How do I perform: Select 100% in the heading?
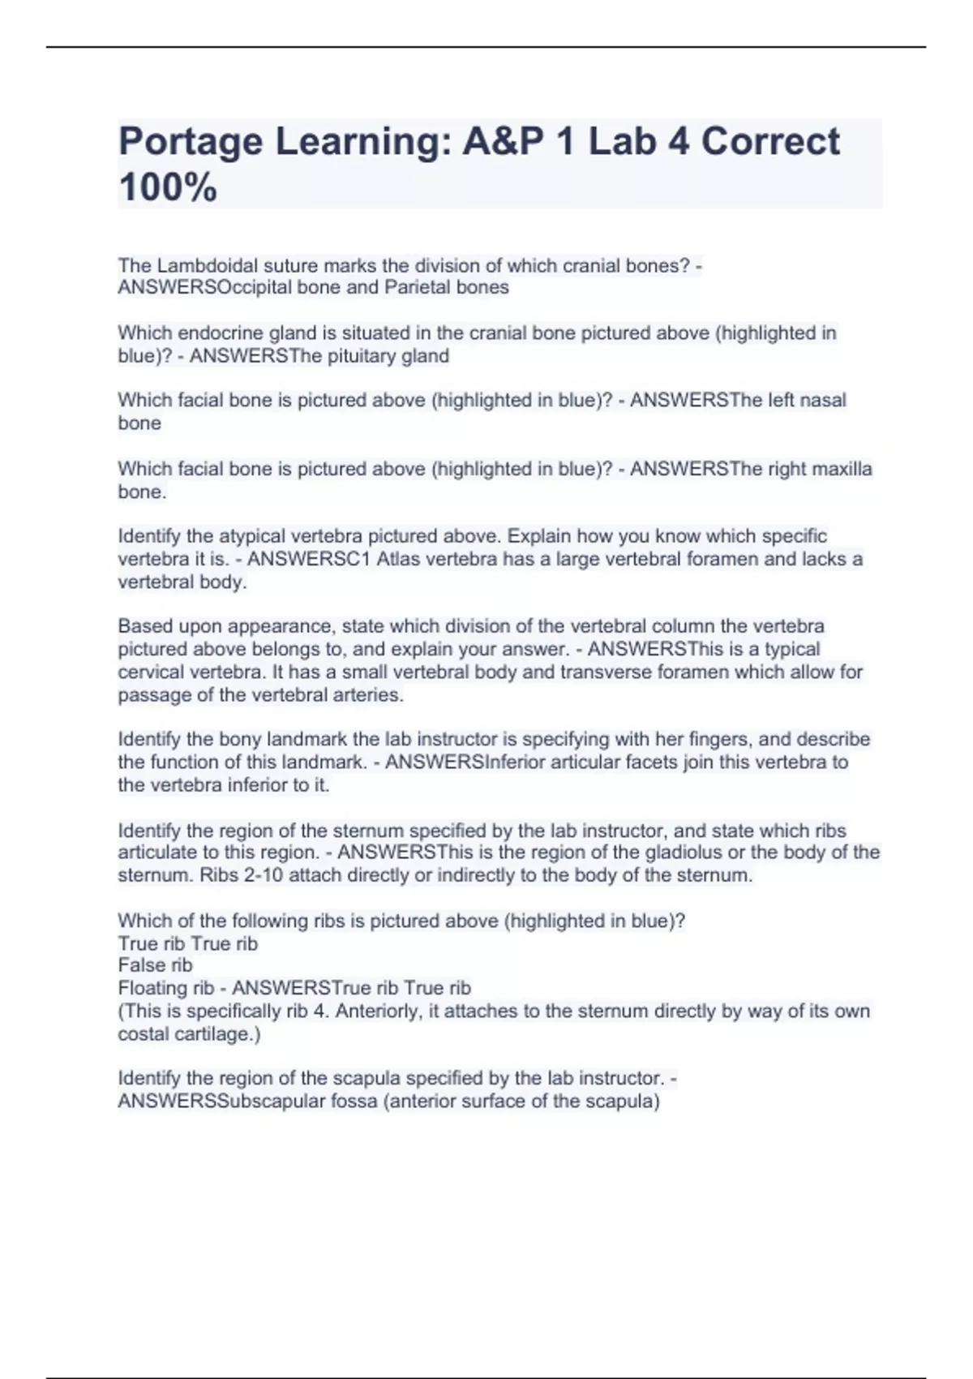[x=168, y=188]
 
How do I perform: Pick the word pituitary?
[x=363, y=356]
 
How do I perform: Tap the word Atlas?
[x=398, y=560]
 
